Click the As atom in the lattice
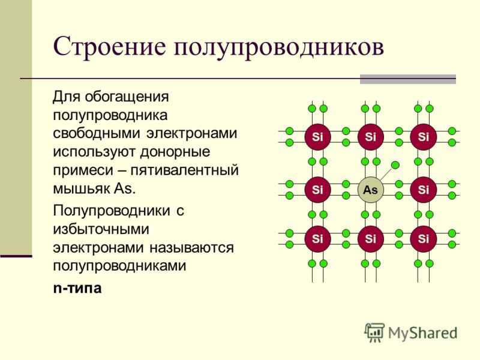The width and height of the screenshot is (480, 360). pyautogui.click(x=370, y=190)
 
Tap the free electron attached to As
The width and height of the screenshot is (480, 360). pyautogui.click(x=395, y=165)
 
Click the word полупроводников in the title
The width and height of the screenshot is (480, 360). pyautogui.click(x=279, y=47)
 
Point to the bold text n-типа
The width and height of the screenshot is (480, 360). pyautogui.click(x=77, y=288)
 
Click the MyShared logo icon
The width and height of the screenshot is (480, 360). pyautogui.click(x=374, y=332)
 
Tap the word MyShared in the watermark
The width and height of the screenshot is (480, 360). pyautogui.click(x=423, y=333)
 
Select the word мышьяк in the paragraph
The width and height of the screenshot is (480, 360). pyautogui.click(x=82, y=188)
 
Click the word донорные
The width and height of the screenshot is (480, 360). pyautogui.click(x=175, y=152)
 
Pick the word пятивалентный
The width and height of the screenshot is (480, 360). pyautogui.click(x=185, y=170)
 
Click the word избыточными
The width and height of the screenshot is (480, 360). pyautogui.click(x=101, y=229)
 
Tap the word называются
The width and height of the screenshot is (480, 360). pyautogui.click(x=191, y=247)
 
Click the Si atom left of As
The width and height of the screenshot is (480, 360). pyautogui.click(x=317, y=190)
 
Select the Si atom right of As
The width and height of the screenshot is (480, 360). pyautogui.click(x=424, y=190)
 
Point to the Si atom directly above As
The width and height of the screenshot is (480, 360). pyautogui.click(x=370, y=137)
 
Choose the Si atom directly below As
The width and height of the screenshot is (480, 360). pyautogui.click(x=370, y=239)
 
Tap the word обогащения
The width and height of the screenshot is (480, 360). pyautogui.click(x=127, y=97)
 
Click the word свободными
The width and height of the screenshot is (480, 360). pyautogui.click(x=97, y=134)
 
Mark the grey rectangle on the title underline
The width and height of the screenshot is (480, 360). pyautogui.click(x=408, y=79)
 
